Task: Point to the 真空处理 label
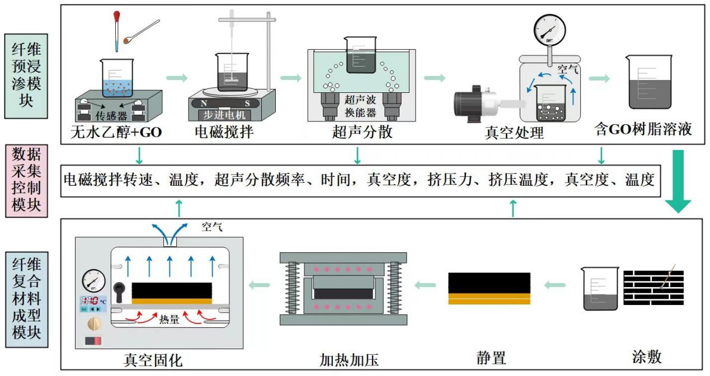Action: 514,133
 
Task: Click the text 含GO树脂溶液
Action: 643,129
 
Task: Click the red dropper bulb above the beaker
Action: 117,17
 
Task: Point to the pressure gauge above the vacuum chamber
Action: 549,29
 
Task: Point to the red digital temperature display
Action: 90,300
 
